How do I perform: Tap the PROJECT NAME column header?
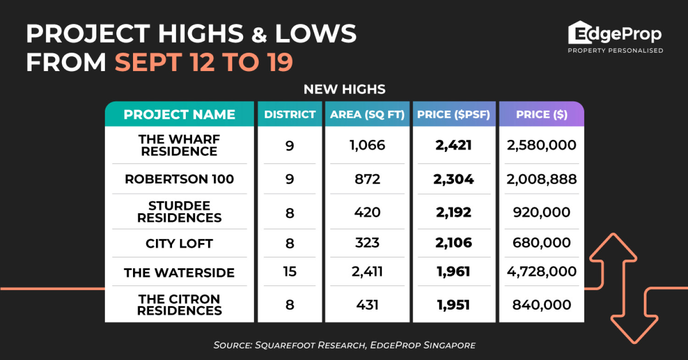179,115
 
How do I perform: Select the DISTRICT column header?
289,115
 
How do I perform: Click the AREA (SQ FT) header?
367,115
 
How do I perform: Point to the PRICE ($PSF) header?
454,115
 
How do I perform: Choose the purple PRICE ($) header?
541,115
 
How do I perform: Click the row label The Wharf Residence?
179,145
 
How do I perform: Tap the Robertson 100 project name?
179,179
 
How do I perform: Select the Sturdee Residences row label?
179,212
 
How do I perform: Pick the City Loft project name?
179,243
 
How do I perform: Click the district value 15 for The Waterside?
289,271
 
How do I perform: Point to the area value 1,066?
367,145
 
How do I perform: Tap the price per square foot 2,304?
454,179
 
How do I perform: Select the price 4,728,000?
541,271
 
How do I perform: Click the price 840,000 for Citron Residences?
541,305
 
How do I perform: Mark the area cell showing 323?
367,243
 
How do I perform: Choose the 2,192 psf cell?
454,212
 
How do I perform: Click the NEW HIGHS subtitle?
344,89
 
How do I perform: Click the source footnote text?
344,345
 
